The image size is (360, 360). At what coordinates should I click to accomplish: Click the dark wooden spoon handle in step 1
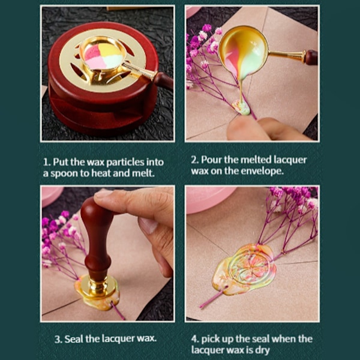(x=164, y=80)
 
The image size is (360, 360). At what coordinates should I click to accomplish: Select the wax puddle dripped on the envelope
(x=241, y=107)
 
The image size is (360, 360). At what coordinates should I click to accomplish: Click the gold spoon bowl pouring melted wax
(x=244, y=50)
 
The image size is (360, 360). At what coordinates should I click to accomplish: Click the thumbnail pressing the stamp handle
(x=101, y=194)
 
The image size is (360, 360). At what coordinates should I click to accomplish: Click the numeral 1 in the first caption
(x=46, y=162)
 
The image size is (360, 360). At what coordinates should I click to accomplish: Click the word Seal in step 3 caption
(x=73, y=339)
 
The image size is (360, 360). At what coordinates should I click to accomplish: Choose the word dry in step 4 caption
(x=263, y=350)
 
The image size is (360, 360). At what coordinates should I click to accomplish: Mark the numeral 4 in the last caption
(x=195, y=339)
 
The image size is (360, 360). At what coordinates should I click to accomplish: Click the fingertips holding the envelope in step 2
(x=253, y=129)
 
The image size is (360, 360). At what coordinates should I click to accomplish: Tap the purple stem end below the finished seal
(x=202, y=306)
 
